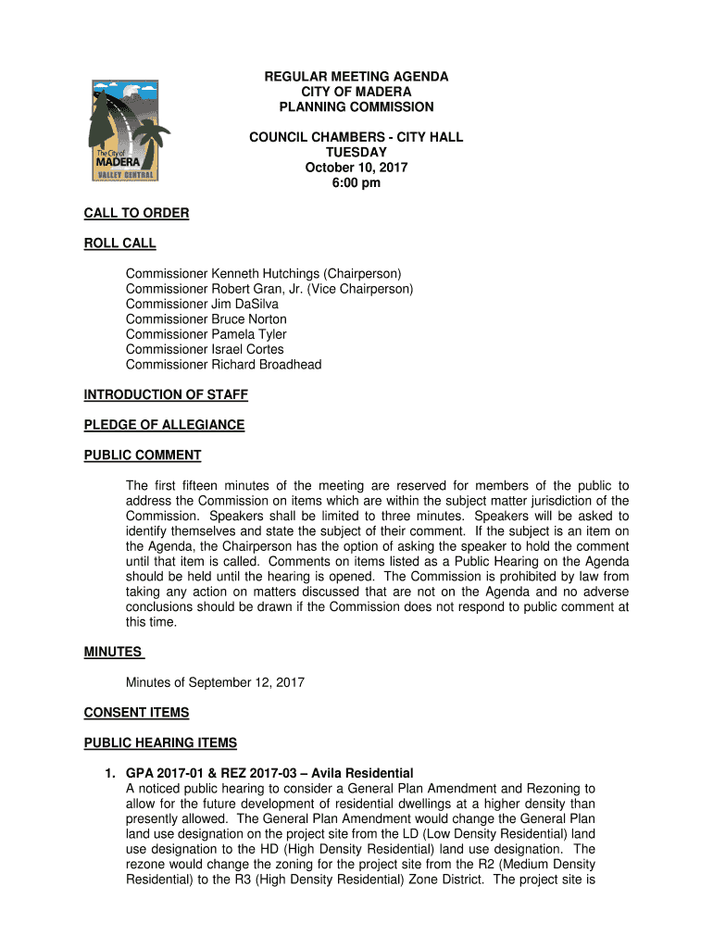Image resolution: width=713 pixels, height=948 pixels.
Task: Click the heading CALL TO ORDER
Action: click(136, 214)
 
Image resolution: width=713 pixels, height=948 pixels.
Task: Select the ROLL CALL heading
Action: click(119, 244)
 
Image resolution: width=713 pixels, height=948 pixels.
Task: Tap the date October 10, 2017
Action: click(356, 168)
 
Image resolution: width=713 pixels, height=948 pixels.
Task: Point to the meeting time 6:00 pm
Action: click(356, 183)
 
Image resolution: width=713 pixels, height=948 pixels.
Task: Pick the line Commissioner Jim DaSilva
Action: click(202, 304)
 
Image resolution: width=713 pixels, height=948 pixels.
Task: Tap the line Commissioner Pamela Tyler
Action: click(206, 334)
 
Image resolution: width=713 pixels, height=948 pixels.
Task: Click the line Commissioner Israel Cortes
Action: click(205, 350)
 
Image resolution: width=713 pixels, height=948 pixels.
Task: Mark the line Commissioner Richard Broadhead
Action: click(224, 365)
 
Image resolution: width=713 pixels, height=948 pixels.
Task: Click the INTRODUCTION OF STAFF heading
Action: click(166, 395)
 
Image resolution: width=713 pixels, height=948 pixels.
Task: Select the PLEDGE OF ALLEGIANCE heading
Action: click(164, 425)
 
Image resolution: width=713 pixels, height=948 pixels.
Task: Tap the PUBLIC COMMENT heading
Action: click(143, 455)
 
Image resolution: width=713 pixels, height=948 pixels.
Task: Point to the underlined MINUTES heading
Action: click(113, 653)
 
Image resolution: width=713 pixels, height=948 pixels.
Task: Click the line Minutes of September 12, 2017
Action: click(215, 683)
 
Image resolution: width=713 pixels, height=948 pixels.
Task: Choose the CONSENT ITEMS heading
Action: click(136, 713)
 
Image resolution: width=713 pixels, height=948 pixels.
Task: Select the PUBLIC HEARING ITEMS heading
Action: click(160, 743)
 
